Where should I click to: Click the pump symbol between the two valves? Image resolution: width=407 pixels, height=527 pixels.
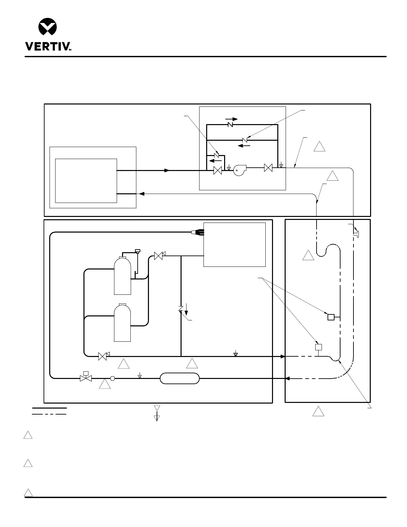pyautogui.click(x=239, y=170)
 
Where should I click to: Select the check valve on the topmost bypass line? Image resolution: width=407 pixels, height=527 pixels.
pyautogui.click(x=230, y=124)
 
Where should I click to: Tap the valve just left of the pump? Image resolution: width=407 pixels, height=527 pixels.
pyautogui.click(x=218, y=170)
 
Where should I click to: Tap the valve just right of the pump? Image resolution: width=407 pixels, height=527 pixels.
pyautogui.click(x=268, y=168)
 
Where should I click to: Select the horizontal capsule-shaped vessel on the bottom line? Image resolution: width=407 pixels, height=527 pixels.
pyautogui.click(x=180, y=378)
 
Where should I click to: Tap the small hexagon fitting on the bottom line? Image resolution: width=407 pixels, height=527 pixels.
pyautogui.click(x=112, y=378)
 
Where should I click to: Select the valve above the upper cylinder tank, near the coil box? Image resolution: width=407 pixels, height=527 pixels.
pyautogui.click(x=159, y=256)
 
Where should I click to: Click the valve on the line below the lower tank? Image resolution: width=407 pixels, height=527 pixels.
pyautogui.click(x=103, y=356)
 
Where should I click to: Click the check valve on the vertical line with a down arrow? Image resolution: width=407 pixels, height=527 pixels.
pyautogui.click(x=181, y=309)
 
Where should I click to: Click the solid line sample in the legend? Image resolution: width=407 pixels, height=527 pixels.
pyautogui.click(x=49, y=408)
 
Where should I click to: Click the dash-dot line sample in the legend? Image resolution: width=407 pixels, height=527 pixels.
pyautogui.click(x=49, y=414)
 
